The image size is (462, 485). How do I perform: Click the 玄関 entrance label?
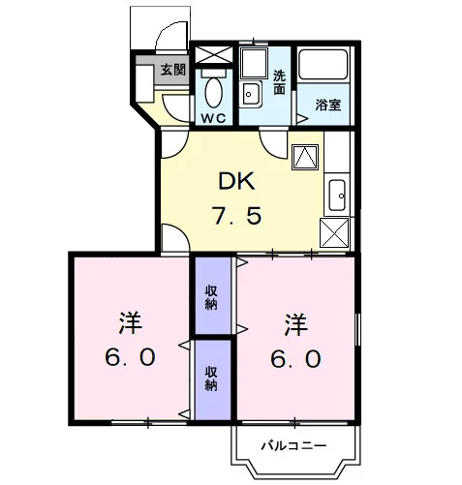pos(173,70)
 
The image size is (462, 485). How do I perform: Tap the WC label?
pos(213,118)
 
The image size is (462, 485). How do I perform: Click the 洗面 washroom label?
pos(279,82)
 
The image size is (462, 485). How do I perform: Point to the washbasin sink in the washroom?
pos(251,94)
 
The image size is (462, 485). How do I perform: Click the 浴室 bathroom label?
pos(328,105)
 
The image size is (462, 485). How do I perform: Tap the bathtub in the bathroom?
pos(323,64)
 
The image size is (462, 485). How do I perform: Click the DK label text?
pos(236,182)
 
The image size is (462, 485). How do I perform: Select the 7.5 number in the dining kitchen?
pos(236,216)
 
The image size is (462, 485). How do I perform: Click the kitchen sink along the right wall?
pos(337,195)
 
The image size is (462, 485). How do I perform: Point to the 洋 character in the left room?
pos(130,322)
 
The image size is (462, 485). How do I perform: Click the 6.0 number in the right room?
pos(295,359)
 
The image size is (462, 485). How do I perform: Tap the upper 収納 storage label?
pos(211,298)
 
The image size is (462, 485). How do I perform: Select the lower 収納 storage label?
pos(211,379)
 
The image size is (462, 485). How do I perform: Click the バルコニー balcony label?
pos(293,446)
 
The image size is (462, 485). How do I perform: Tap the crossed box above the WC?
pos(214,55)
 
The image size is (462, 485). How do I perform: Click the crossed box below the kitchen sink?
pos(334,232)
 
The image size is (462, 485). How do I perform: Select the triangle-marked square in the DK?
pos(305,157)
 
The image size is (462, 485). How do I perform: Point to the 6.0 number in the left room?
pos(130,357)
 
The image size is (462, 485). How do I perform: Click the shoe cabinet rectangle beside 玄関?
pos(144,83)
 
